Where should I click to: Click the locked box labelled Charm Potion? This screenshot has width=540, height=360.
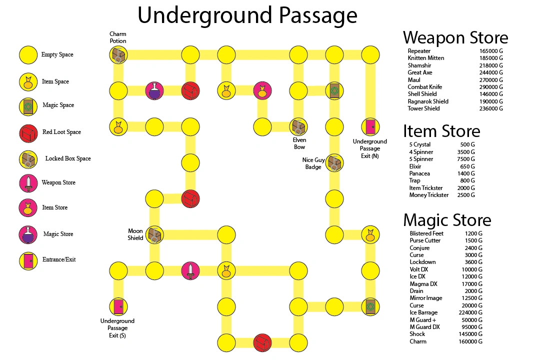tap(118, 55)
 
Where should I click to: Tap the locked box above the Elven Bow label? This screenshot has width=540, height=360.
tap(299, 127)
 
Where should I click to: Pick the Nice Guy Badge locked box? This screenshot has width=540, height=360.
tap(334, 162)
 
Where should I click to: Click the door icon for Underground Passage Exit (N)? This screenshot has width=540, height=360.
tap(370, 127)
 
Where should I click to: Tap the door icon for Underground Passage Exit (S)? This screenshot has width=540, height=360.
tap(118, 306)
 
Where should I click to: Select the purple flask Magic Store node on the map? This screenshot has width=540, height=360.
tap(154, 91)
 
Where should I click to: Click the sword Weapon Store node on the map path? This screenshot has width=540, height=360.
tap(190, 270)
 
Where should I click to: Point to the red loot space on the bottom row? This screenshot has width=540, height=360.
tap(262, 342)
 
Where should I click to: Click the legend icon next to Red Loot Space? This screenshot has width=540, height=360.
tap(28, 132)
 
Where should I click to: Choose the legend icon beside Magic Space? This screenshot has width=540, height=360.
tap(28, 105)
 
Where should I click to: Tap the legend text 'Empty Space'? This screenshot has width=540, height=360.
tap(57, 55)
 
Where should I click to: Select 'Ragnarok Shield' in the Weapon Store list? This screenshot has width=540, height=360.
tap(428, 101)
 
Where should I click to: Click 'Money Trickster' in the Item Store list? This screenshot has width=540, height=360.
tap(428, 195)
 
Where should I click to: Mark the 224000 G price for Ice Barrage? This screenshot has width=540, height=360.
tap(470, 312)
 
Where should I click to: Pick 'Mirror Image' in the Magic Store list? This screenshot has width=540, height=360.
tap(426, 298)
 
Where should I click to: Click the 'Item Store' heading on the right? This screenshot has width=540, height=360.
tap(441, 131)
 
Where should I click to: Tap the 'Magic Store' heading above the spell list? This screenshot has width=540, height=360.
tap(447, 220)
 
